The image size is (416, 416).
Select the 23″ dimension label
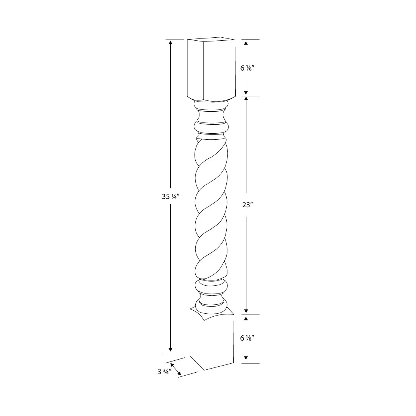[246, 205]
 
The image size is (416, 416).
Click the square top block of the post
[211, 69]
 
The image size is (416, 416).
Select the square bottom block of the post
[211, 340]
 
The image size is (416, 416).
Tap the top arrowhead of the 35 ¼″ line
[171, 42]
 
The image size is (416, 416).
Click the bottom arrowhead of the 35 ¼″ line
[171, 349]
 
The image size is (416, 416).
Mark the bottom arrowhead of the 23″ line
[246, 310]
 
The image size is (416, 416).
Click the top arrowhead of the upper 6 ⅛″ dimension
[246, 43]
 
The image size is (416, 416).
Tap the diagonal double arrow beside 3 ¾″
[176, 369]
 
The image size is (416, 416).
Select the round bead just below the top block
[211, 105]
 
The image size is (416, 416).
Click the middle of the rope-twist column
[211, 207]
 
